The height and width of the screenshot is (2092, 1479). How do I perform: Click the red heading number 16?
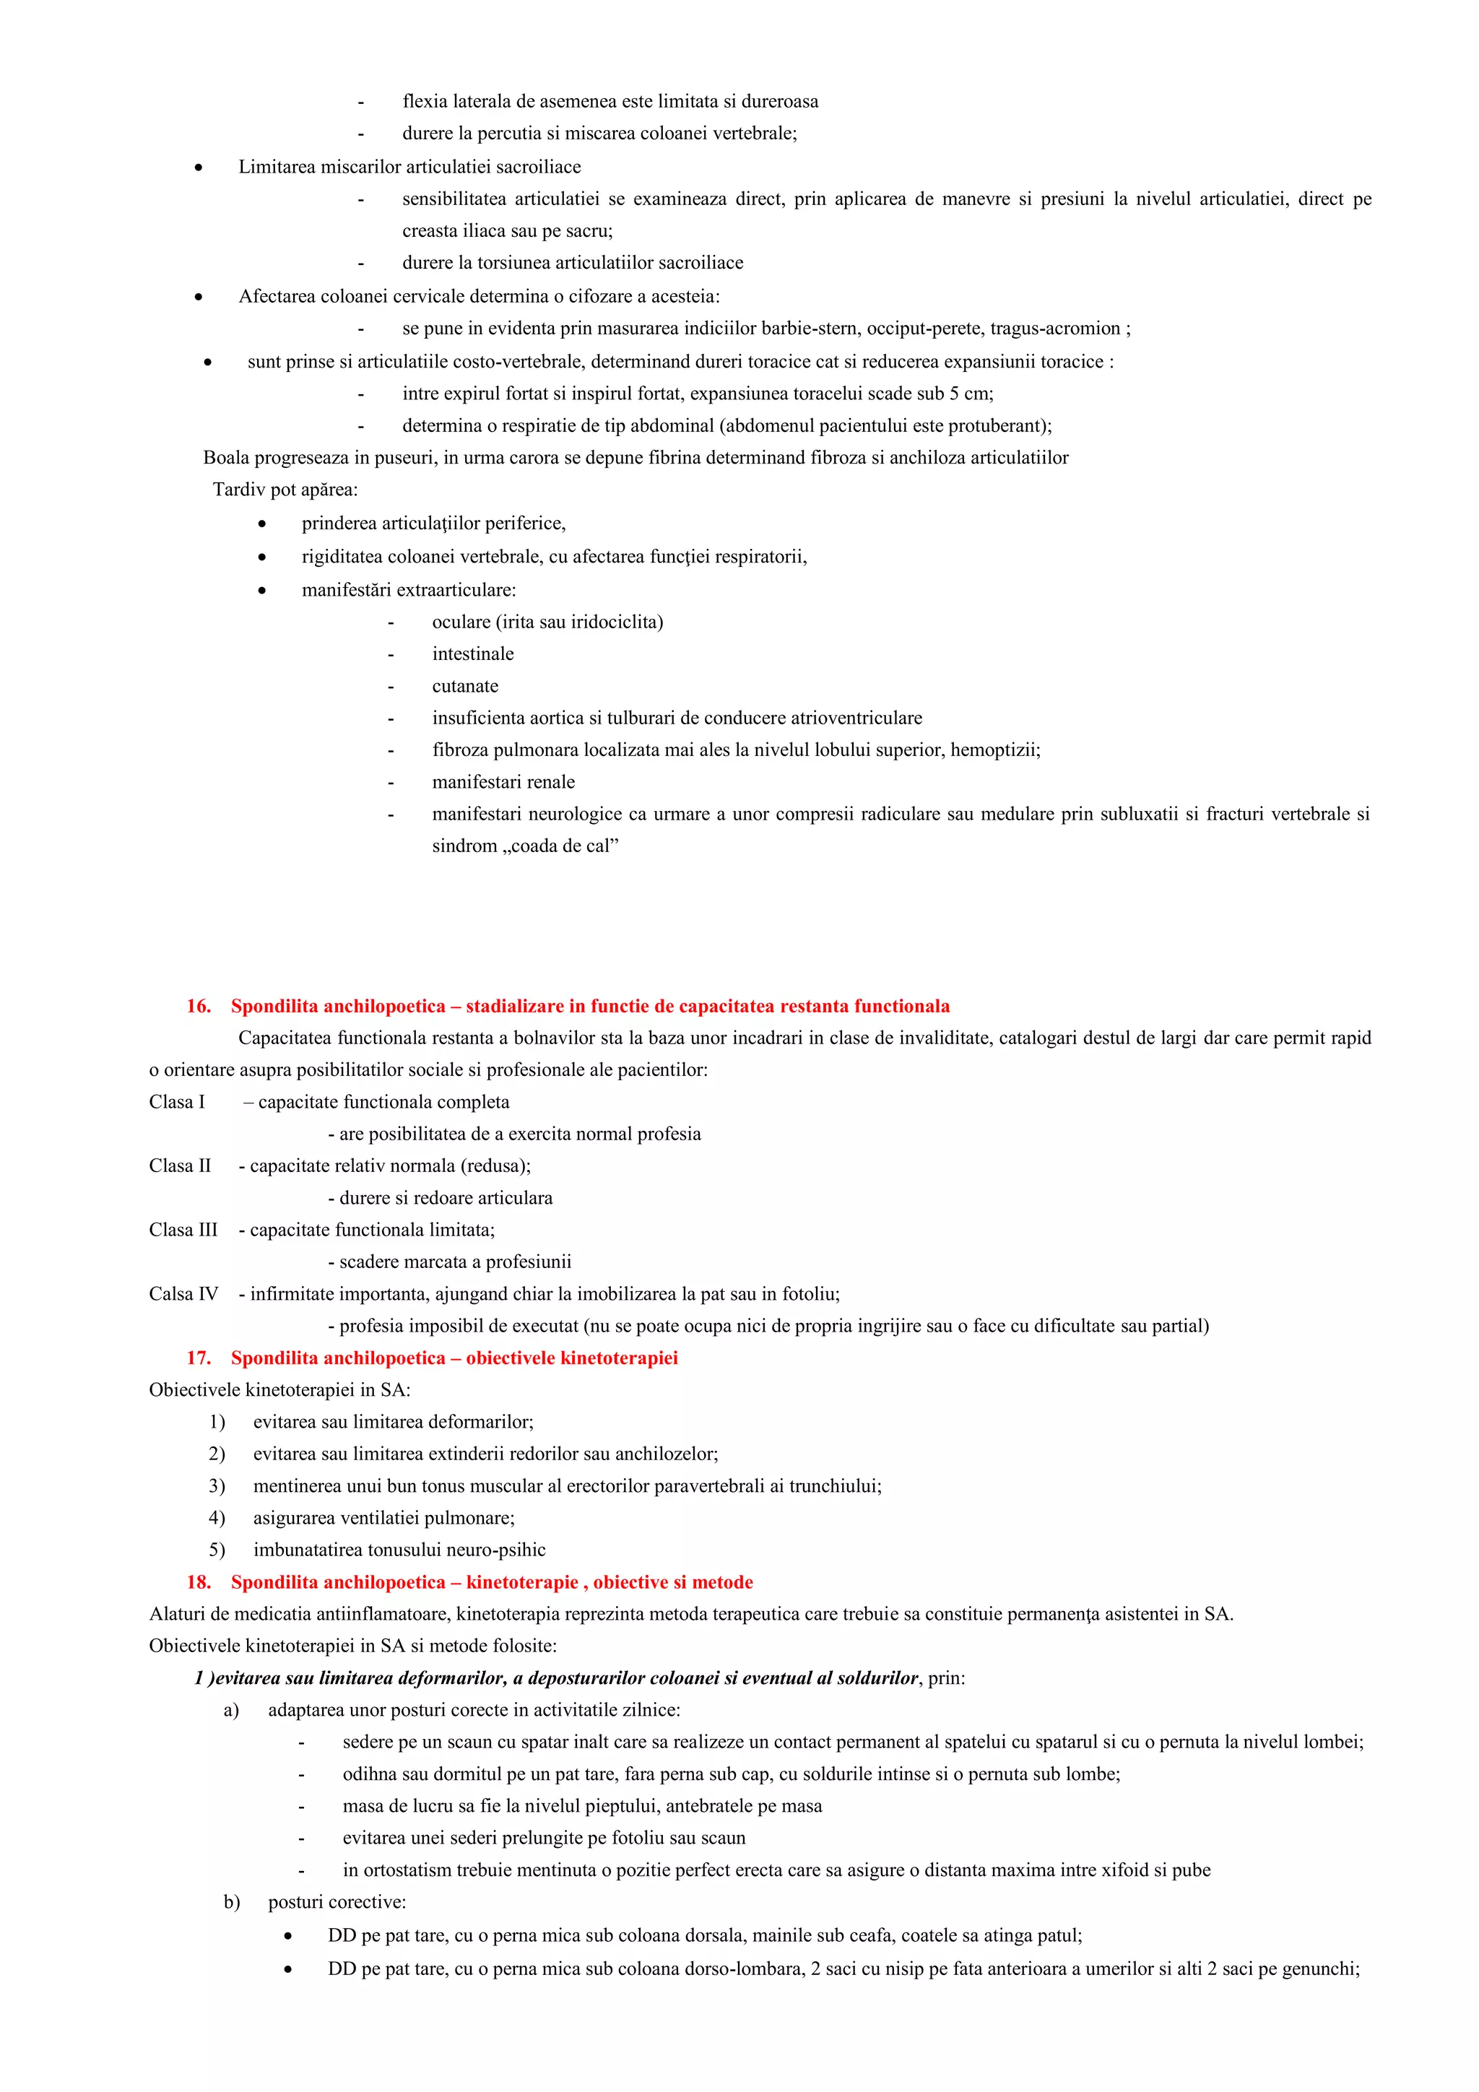click(198, 1006)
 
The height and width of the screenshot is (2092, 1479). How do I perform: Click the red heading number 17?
click(198, 1358)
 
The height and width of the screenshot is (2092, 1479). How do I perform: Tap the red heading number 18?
click(198, 1581)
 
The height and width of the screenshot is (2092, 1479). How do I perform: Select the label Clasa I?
click(177, 1101)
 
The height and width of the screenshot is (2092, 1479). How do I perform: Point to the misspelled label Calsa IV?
click(183, 1293)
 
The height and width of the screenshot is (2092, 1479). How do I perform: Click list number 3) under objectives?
click(217, 1485)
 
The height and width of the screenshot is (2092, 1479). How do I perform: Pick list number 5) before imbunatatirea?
click(217, 1549)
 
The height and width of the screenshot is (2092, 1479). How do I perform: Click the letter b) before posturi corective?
click(232, 1901)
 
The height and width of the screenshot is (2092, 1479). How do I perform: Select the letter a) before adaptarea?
click(232, 1709)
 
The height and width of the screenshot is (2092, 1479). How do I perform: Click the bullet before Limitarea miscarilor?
click(199, 168)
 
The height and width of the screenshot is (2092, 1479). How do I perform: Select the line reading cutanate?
click(465, 686)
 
